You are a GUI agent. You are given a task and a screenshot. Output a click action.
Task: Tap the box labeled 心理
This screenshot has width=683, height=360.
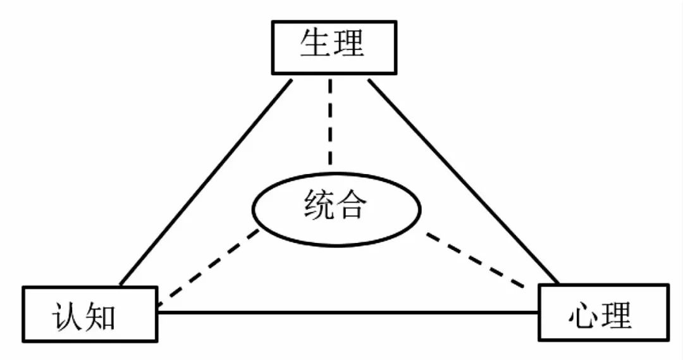603,312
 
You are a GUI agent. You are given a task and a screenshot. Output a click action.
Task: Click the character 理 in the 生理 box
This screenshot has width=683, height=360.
350,44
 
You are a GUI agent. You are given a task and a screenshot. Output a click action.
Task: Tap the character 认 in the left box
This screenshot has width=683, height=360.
68,316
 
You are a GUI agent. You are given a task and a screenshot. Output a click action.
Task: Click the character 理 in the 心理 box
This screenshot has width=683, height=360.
617,314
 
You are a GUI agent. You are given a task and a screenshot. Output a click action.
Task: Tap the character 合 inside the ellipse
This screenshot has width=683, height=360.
352,206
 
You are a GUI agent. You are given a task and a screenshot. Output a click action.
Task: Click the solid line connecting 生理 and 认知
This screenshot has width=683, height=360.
206,182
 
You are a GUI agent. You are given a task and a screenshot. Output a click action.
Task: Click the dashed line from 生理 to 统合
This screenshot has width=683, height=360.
329,123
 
